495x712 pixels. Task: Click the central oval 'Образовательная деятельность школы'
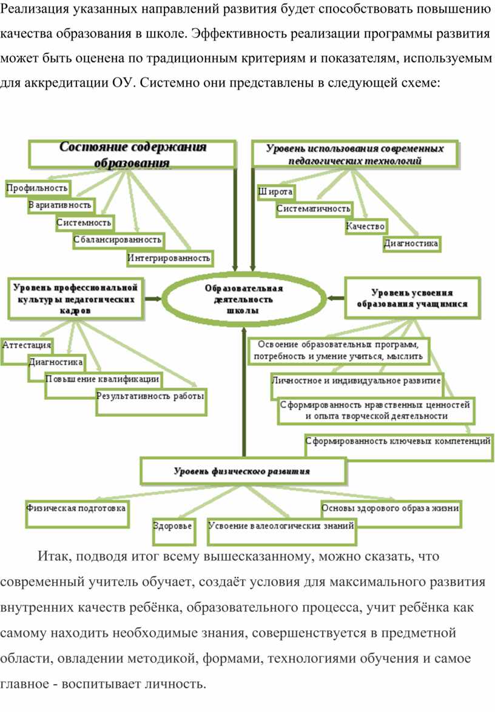coord(244,298)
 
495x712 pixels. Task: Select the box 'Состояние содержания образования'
coord(132,154)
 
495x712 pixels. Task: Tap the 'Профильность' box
coord(37,188)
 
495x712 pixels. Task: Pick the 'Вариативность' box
coord(61,205)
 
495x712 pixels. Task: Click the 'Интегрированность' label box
coord(169,258)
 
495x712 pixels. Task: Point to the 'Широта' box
coord(275,191)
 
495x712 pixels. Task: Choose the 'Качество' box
coord(365,226)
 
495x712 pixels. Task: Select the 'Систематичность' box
coord(314,209)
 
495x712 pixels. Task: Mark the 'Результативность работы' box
coord(151,401)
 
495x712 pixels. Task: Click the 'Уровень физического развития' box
coord(243,471)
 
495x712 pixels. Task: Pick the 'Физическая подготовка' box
coord(77,514)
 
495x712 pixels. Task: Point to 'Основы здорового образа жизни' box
coord(391,514)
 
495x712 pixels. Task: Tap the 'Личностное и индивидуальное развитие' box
coord(357,385)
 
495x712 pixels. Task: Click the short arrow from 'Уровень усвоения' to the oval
coord(335,298)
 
